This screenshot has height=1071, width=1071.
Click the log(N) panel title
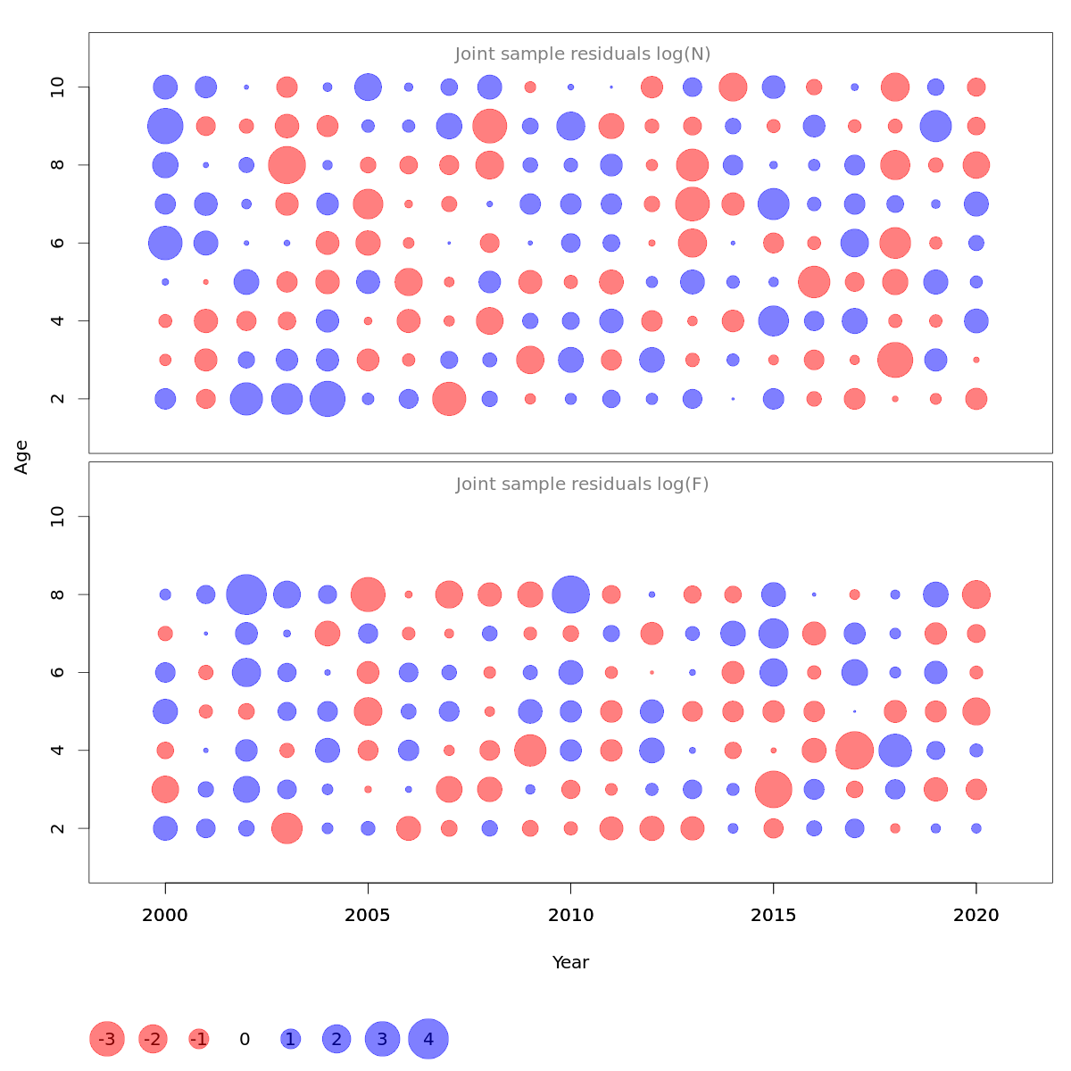click(x=582, y=54)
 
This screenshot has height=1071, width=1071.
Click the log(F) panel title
click(x=582, y=485)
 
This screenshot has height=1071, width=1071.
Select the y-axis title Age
click(x=21, y=457)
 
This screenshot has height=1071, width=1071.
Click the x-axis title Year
click(x=570, y=962)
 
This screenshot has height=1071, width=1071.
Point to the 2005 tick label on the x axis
click(x=368, y=915)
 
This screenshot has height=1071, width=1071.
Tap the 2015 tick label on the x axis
click(x=773, y=915)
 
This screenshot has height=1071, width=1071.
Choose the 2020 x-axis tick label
click(x=976, y=915)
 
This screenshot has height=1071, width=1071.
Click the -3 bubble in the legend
click(x=106, y=1039)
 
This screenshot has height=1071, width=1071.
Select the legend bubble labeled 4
click(x=428, y=1039)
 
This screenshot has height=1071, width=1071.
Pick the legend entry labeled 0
click(x=245, y=1039)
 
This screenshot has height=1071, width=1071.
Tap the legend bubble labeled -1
click(x=199, y=1039)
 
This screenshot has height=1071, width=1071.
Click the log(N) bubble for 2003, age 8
click(x=286, y=165)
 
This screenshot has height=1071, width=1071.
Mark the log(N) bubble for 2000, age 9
click(x=165, y=126)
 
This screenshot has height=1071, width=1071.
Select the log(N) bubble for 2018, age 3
click(x=895, y=360)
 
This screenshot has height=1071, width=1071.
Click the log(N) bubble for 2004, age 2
click(x=328, y=399)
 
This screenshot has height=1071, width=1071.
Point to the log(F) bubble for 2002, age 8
click(x=246, y=594)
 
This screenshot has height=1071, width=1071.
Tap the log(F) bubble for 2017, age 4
click(x=854, y=750)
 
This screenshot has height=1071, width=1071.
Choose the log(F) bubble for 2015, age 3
click(x=773, y=789)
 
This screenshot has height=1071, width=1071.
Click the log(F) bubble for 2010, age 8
click(x=571, y=594)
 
